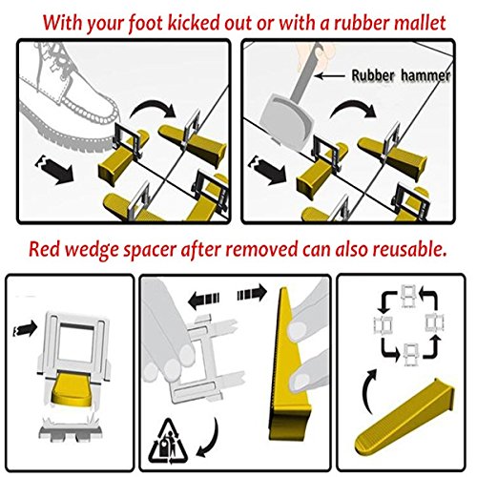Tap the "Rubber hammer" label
pos(401,75)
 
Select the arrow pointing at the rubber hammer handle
pos(330,75)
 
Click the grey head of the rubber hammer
pos(285,117)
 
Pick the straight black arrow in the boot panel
pos(53,170)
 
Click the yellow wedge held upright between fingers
pos(288,365)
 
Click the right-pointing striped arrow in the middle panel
pos(252,293)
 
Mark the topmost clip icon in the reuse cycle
pos(408,296)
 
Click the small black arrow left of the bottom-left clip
pos(25,328)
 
